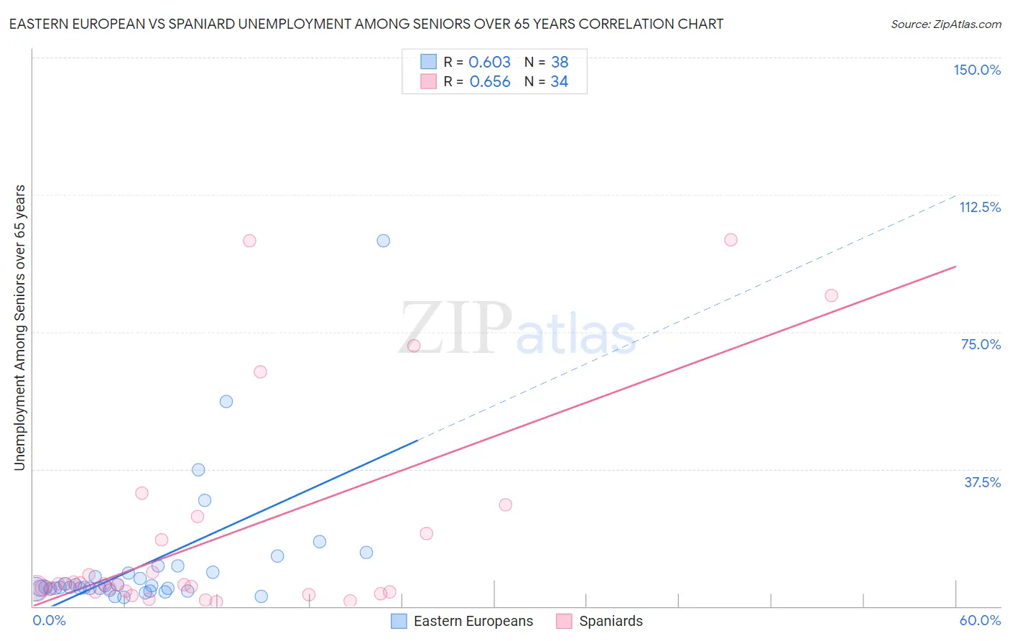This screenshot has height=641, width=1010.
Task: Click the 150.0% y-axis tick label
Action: (x=977, y=70)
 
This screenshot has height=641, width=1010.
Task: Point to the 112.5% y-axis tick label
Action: (x=980, y=207)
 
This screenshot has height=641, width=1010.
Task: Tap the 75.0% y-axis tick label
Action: (x=981, y=344)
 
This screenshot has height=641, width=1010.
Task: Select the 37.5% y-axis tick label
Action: (x=982, y=482)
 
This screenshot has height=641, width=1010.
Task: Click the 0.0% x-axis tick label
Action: (x=50, y=620)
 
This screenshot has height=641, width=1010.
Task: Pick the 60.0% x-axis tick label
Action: (x=980, y=620)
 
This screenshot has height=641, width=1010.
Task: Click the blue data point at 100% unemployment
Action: (x=384, y=241)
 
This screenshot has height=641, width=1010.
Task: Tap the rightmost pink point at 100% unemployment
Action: (x=731, y=240)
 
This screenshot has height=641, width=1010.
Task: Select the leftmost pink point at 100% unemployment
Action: (x=249, y=241)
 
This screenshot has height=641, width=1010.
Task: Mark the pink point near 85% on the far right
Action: (x=831, y=295)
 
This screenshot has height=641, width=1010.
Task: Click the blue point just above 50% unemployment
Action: (x=226, y=402)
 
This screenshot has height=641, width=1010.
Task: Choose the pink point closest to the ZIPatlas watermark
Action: (x=414, y=346)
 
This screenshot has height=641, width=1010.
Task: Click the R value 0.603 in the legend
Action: (x=489, y=63)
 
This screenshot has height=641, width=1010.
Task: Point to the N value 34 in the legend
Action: (x=559, y=82)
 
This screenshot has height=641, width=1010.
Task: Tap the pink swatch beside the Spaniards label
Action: (x=564, y=621)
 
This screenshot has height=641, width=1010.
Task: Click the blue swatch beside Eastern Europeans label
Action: (x=399, y=621)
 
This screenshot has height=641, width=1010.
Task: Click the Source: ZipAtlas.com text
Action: (x=946, y=24)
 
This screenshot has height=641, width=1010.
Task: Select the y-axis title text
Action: (x=19, y=328)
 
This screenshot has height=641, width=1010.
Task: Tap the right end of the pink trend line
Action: (x=956, y=267)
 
